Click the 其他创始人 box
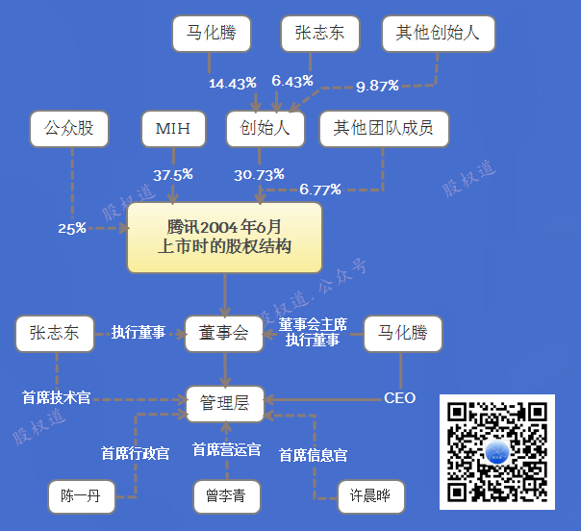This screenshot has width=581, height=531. point(438,35)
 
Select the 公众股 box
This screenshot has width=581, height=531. point(68,128)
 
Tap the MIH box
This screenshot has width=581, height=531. point(173,128)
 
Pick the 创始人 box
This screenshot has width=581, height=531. point(265,128)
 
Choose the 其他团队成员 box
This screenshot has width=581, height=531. point(384,128)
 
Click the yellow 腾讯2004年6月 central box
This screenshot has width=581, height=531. point(224,237)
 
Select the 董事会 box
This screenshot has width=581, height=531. point(224,333)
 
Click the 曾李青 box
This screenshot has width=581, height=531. point(225,496)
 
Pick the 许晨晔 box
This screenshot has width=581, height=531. point(370,496)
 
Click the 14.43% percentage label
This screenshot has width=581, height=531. point(232,83)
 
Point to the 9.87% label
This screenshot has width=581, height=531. point(377,86)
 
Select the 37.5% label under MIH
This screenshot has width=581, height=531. point(173,175)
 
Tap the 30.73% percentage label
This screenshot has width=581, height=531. point(259,175)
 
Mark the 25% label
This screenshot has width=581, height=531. point(72,229)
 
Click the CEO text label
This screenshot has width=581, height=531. point(399,397)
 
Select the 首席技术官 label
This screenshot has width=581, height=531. point(56,396)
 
